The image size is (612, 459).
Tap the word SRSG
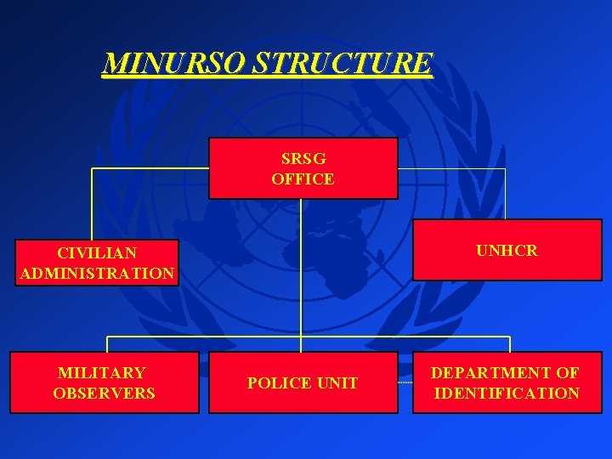(303, 159)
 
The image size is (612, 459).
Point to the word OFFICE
(303, 178)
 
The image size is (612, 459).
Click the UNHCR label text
(507, 251)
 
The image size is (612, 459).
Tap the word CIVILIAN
(97, 253)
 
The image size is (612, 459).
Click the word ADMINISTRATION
(97, 274)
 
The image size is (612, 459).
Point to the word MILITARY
(101, 372)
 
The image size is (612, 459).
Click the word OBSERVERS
(104, 393)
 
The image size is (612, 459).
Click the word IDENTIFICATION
(507, 393)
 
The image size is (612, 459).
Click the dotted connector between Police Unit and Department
(405, 383)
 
